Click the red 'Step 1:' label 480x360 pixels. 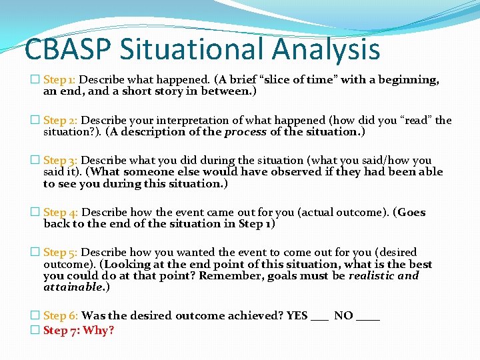[61, 80]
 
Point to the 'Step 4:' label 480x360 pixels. [61, 213]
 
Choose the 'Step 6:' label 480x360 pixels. [61, 316]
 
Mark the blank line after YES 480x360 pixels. [319, 319]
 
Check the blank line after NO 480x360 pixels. [368, 319]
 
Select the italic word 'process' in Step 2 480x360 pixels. [245, 131]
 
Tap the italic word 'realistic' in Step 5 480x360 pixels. [372, 275]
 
